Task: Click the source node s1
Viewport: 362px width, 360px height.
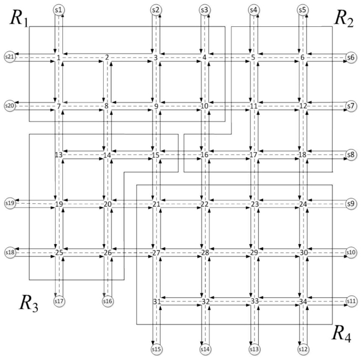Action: pyautogui.click(x=59, y=10)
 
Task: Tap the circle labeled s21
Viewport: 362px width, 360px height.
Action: pyautogui.click(x=10, y=57)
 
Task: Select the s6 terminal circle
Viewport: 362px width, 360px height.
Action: pyautogui.click(x=351, y=57)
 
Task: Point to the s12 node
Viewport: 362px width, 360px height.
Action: pyautogui.click(x=303, y=350)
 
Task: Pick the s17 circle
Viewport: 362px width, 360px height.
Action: pyautogui.click(x=59, y=301)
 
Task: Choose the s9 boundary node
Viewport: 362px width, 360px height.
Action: pyautogui.click(x=351, y=204)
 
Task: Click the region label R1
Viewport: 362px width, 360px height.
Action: pyautogui.click(x=19, y=19)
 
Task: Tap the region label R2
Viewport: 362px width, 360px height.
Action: pyautogui.click(x=344, y=19)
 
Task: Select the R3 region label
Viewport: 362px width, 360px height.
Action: pyautogui.click(x=29, y=304)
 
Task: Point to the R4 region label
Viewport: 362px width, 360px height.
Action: pyautogui.click(x=341, y=334)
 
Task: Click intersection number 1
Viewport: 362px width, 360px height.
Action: pyautogui.click(x=59, y=58)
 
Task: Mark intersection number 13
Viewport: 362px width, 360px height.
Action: pyautogui.click(x=59, y=154)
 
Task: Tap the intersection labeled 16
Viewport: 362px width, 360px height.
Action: pyautogui.click(x=205, y=154)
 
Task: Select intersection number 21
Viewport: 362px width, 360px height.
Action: pyautogui.click(x=156, y=204)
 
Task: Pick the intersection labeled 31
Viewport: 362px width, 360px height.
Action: pyautogui.click(x=157, y=301)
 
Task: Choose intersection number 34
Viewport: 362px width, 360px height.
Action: pyautogui.click(x=303, y=301)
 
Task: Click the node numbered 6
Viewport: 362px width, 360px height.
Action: pyautogui.click(x=302, y=57)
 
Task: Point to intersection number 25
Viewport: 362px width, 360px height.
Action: pyautogui.click(x=59, y=253)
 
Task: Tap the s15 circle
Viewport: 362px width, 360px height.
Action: pyautogui.click(x=157, y=350)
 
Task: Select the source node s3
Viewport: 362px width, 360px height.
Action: pyautogui.click(x=205, y=10)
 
